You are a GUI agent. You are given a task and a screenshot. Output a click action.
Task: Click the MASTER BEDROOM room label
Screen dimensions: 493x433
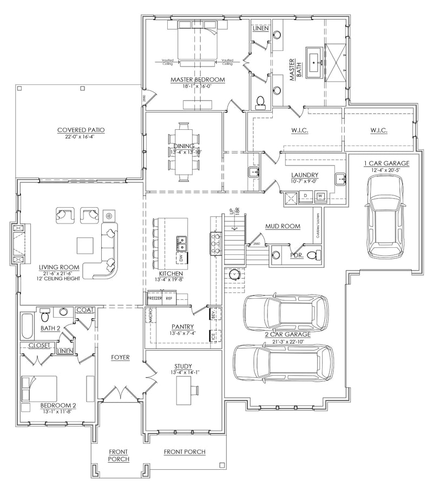pos(198,80)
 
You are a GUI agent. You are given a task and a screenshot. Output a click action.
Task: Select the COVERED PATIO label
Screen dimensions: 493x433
pos(81,130)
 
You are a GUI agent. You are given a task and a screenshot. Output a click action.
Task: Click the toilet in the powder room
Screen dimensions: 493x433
pos(313,255)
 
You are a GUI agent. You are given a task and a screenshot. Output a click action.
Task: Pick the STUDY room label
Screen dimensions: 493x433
pos(183,366)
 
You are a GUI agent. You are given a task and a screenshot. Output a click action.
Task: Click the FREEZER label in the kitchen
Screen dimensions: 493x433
pos(155,298)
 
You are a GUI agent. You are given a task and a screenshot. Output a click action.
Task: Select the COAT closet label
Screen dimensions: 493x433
pos(85,310)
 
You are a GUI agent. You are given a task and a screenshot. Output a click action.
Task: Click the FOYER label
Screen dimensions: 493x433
pos(120,358)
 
